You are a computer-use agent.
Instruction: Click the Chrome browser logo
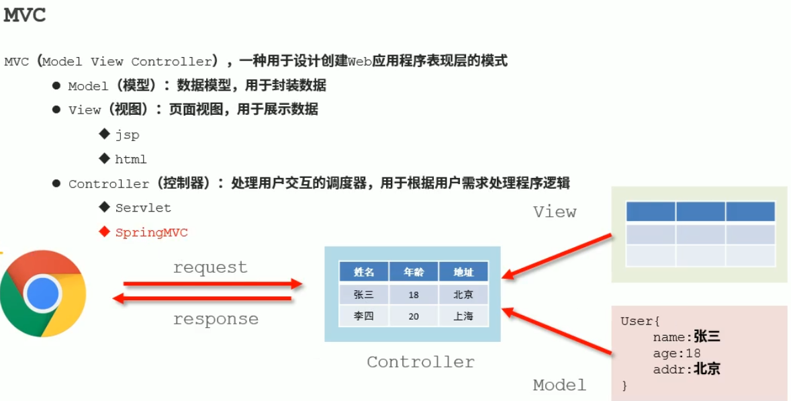tap(43, 293)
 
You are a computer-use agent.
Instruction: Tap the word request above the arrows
tap(210, 267)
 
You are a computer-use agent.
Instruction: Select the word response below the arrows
tap(216, 319)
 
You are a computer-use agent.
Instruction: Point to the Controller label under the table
tap(420, 362)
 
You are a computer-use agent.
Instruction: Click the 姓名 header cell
tap(364, 272)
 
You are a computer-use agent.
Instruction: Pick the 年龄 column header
tap(414, 272)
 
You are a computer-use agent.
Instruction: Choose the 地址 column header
tap(463, 272)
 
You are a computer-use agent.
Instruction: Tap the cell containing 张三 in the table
tap(364, 294)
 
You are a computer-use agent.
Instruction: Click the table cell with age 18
tap(414, 294)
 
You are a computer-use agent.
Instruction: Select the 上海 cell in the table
tap(463, 316)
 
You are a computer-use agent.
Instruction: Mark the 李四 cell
tap(364, 316)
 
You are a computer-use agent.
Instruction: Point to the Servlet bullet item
tap(143, 208)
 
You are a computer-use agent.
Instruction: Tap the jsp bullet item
tap(127, 135)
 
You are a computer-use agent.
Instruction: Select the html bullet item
tap(130, 159)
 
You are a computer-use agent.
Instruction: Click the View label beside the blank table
tap(555, 212)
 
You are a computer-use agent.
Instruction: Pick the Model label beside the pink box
tap(559, 385)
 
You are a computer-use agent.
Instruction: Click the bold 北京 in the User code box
tap(706, 369)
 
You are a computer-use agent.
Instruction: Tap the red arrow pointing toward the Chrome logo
tap(201, 299)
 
